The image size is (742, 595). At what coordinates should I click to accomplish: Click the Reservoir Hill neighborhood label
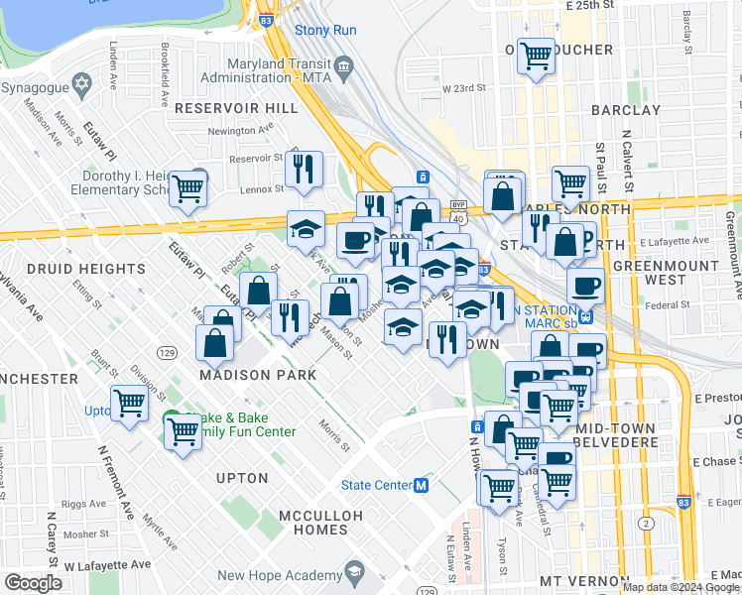(x=221, y=107)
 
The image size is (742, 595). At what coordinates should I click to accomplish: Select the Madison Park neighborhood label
(x=258, y=375)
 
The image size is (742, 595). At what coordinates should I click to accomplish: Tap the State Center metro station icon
(x=422, y=486)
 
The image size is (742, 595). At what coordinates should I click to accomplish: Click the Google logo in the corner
(x=33, y=582)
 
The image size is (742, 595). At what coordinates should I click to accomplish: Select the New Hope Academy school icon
(x=354, y=574)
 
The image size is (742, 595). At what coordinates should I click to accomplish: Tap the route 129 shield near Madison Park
(x=167, y=353)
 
